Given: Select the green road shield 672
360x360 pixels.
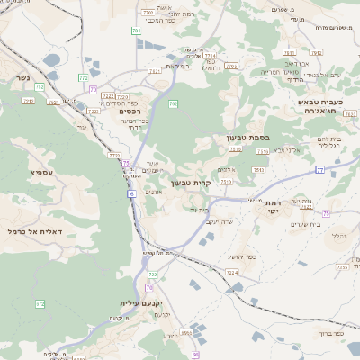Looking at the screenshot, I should [40, 304].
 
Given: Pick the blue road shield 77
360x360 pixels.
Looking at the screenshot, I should [319, 168].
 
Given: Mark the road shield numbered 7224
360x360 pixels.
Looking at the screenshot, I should [232, 271].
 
